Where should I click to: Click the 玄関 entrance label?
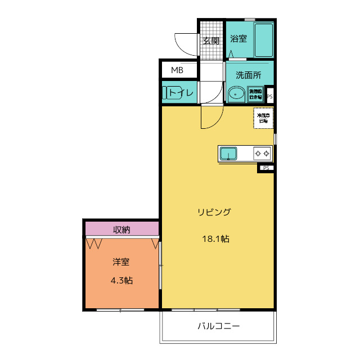click(211, 40)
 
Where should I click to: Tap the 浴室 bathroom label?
click(238, 39)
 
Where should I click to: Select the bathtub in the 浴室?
click(263, 39)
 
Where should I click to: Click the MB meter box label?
click(177, 70)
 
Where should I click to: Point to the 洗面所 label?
click(248, 74)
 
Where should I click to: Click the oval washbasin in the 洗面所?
click(236, 93)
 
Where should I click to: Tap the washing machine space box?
click(256, 93)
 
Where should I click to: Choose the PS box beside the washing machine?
click(270, 96)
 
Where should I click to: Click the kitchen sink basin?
click(228, 153)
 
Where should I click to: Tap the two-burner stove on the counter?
click(262, 153)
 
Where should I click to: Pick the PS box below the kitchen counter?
click(265, 168)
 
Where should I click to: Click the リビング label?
click(214, 212)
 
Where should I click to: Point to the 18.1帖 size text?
click(215, 238)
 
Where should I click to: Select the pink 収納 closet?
click(122, 229)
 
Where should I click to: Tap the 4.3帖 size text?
click(121, 280)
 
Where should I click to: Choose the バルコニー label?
click(219, 326)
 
